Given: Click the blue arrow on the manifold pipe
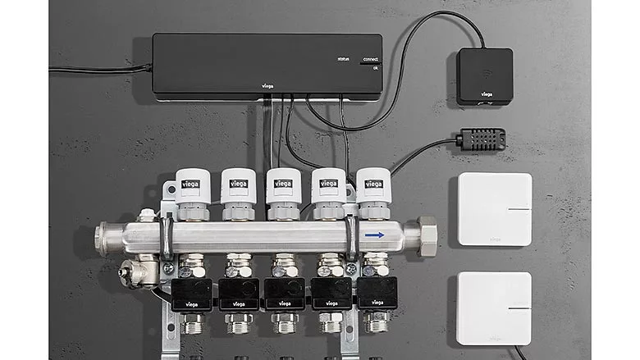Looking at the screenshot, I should point(374,235).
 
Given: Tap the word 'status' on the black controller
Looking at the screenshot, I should point(343,59).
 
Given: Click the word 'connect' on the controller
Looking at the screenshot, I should point(370,59).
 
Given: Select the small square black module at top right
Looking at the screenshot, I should point(484,75).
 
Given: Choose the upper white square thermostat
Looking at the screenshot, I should point(494,209).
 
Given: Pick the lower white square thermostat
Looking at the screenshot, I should point(494,308).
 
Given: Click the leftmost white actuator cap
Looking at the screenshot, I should point(193,188).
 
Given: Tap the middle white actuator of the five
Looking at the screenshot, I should point(282,187).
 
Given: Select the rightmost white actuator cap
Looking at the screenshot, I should point(372,187).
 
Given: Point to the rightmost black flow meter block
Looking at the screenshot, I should point(377,292).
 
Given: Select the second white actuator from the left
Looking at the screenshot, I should point(238,187).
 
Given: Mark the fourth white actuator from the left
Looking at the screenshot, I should point(327,187).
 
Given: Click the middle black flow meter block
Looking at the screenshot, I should point(284,293).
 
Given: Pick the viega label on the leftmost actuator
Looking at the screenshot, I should point(190,184).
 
